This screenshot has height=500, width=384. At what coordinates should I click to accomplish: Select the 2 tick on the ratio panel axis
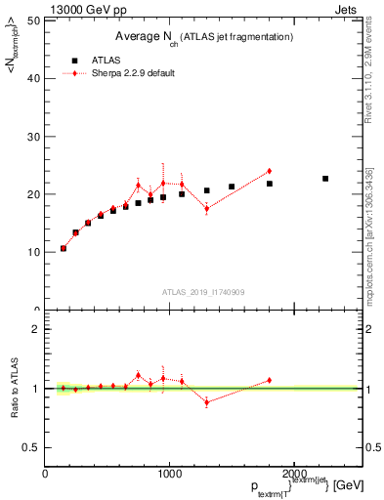pos(37,329)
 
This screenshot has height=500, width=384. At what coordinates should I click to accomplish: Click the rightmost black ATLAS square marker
pos(325,179)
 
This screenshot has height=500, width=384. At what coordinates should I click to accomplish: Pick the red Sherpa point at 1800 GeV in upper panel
pos(269,172)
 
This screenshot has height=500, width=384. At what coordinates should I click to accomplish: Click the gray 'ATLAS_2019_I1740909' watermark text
pos(202,292)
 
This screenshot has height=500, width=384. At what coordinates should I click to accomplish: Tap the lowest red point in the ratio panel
pos(206,401)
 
